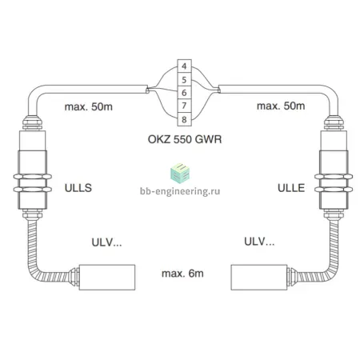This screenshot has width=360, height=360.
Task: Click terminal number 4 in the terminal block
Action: click(x=184, y=66)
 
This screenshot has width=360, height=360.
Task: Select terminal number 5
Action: click(x=184, y=79)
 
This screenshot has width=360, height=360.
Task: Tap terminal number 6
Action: click(x=184, y=93)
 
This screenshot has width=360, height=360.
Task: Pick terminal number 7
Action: click(x=184, y=106)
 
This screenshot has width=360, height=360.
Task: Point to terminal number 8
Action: click(x=184, y=119)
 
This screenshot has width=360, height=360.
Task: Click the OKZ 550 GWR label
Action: click(x=185, y=139)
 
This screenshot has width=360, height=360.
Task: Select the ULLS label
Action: click(x=78, y=188)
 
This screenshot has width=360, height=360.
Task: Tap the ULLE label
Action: click(x=291, y=188)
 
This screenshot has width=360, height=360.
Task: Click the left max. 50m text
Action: click(x=89, y=107)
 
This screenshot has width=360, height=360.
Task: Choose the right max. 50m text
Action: click(x=281, y=106)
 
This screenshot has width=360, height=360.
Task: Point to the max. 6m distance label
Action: click(x=182, y=274)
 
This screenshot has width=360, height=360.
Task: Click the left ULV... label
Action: click(x=106, y=242)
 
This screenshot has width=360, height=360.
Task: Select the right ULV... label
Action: click(x=259, y=242)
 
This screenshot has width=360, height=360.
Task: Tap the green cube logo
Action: click(x=180, y=174)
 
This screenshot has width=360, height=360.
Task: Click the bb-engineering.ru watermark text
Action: click(x=180, y=191)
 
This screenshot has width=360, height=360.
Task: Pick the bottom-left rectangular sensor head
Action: click(x=107, y=278)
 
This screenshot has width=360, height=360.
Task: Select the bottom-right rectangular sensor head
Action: click(x=259, y=278)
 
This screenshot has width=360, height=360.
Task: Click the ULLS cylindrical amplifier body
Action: click(x=32, y=170)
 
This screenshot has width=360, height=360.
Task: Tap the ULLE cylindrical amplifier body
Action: click(x=334, y=170)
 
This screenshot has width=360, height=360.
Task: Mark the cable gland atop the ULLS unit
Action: click(x=32, y=122)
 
